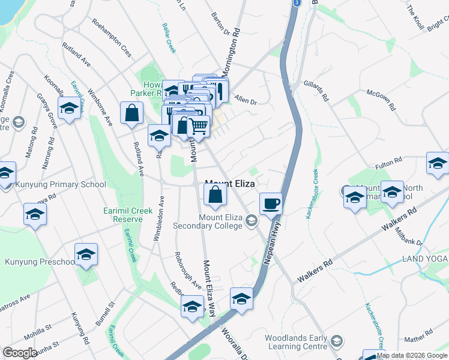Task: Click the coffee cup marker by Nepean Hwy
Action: [271, 203]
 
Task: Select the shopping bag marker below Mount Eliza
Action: [215, 194]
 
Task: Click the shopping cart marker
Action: [198, 126]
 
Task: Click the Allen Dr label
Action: [246, 99]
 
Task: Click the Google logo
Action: [20, 353]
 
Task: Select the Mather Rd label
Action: [418, 340]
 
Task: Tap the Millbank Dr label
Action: [410, 237]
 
